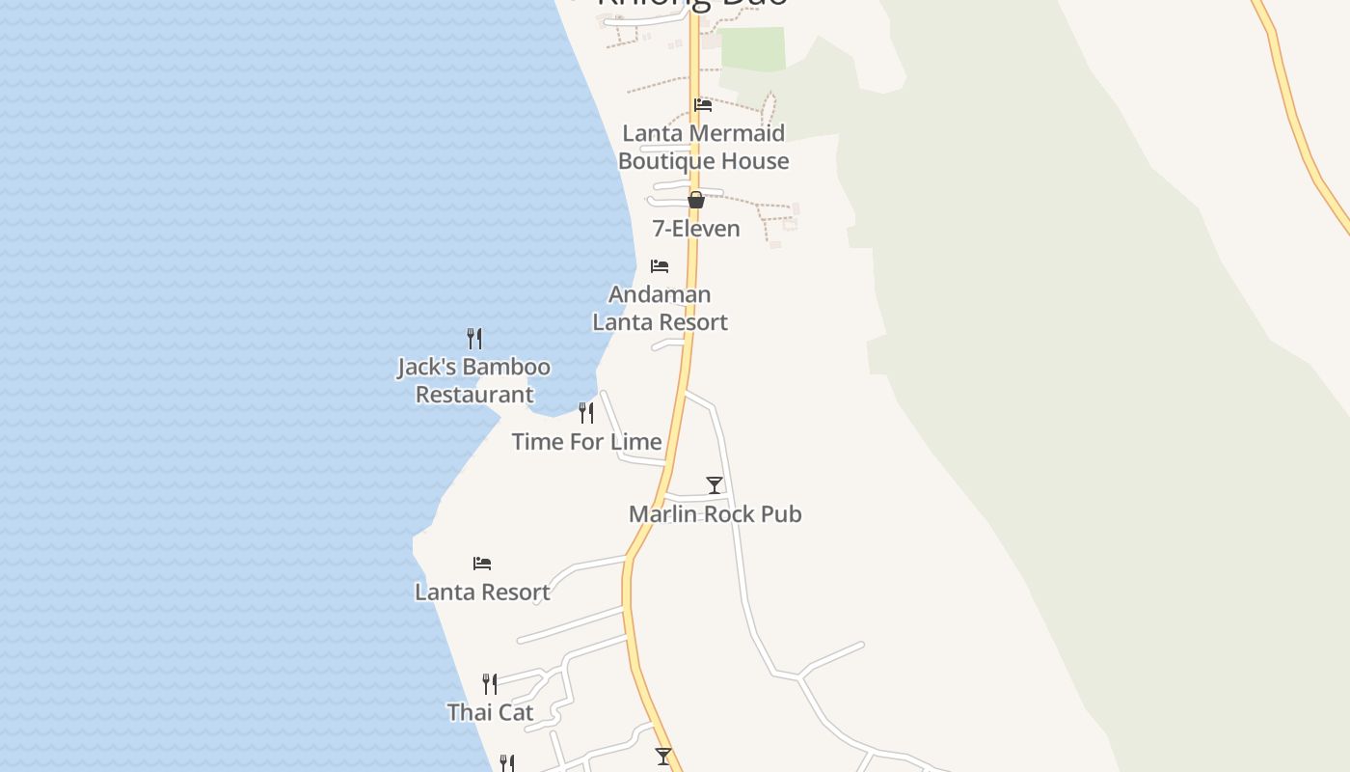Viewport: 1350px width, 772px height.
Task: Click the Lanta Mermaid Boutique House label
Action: pyautogui.click(x=703, y=147)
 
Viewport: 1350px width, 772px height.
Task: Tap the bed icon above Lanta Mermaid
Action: pyautogui.click(x=703, y=105)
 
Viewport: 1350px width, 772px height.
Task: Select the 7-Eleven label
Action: pyautogui.click(x=696, y=229)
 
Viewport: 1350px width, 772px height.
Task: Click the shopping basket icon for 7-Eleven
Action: pyautogui.click(x=696, y=200)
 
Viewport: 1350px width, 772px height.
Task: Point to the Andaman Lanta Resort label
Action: pyautogui.click(x=660, y=308)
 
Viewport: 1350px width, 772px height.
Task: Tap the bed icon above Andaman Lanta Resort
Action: pyautogui.click(x=660, y=265)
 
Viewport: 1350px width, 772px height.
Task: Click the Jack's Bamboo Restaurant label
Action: pyautogui.click(x=474, y=380)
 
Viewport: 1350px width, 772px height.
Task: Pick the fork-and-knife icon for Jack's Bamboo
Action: pyautogui.click(x=474, y=339)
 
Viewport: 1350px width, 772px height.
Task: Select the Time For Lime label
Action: pyautogui.click(x=586, y=442)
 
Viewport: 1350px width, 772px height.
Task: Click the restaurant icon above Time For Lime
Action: pyautogui.click(x=586, y=413)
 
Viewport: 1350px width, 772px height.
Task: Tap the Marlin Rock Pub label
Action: pyautogui.click(x=715, y=514)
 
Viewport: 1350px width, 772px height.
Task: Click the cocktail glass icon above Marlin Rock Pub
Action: pyautogui.click(x=715, y=484)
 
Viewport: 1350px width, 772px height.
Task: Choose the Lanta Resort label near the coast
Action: pyautogui.click(x=482, y=593)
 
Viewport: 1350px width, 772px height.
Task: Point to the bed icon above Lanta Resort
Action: pyautogui.click(x=482, y=563)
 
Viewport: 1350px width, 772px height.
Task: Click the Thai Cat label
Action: pyautogui.click(x=490, y=713)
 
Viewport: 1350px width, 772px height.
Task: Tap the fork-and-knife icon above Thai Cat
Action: pyautogui.click(x=490, y=684)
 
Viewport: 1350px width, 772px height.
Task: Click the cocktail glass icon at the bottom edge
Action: pyautogui.click(x=663, y=757)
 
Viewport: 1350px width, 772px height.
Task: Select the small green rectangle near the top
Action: pyautogui.click(x=753, y=49)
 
